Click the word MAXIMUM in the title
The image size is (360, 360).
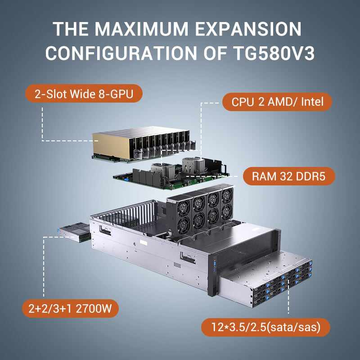pyautogui.click(x=141, y=29)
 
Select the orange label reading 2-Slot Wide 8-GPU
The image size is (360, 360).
pyautogui.click(x=84, y=94)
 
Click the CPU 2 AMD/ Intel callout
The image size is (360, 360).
pyautogui.click(x=277, y=102)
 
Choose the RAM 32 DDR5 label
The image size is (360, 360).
pyautogui.click(x=289, y=176)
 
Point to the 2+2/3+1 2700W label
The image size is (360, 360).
pyautogui.click(x=70, y=308)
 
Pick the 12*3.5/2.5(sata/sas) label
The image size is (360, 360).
pyautogui.click(x=265, y=327)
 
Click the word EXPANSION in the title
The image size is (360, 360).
pyautogui.click(x=248, y=29)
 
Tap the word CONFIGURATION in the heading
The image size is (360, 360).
pyautogui.click(x=121, y=53)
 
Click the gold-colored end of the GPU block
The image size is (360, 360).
pyautogui.click(x=111, y=145)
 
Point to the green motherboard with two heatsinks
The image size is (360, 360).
pyautogui.click(x=171, y=174)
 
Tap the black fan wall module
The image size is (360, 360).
pyautogui.click(x=199, y=211)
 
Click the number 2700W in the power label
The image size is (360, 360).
pyautogui.click(x=94, y=308)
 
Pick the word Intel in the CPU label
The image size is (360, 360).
pyautogui.click(x=312, y=102)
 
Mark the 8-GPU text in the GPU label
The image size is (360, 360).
pyautogui.click(x=116, y=94)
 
